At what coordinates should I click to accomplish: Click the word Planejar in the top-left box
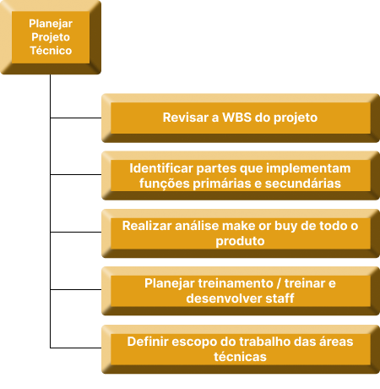tap(51, 24)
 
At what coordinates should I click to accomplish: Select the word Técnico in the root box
tap(51, 51)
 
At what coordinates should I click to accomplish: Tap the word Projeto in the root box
tap(51, 37)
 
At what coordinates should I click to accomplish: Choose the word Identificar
tap(161, 168)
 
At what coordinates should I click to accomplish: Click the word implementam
tap(308, 168)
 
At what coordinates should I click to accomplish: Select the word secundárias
tap(303, 184)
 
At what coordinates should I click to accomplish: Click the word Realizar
tap(147, 226)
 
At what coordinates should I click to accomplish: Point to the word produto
tap(240, 241)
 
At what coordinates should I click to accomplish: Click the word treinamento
tap(236, 283)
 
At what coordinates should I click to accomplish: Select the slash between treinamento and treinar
tap(279, 283)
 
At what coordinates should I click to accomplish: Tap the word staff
tap(280, 299)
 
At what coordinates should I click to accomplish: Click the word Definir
tap(148, 342)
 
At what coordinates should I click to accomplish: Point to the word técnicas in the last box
tap(240, 357)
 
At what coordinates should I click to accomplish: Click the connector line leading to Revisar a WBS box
tap(76, 118)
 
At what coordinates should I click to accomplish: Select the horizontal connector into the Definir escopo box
tap(76, 348)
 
